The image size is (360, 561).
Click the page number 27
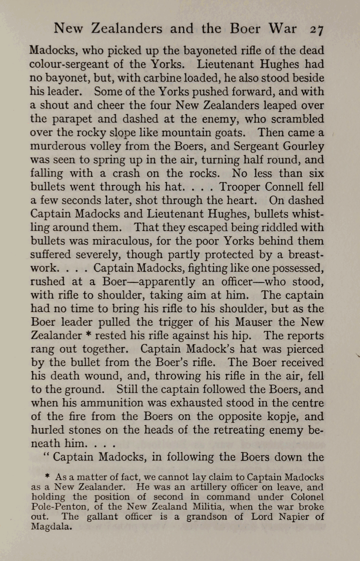click(x=316, y=29)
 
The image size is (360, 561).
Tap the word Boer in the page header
click(x=245, y=28)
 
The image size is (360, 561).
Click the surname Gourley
click(x=303, y=146)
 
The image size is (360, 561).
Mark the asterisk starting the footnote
click(x=47, y=476)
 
